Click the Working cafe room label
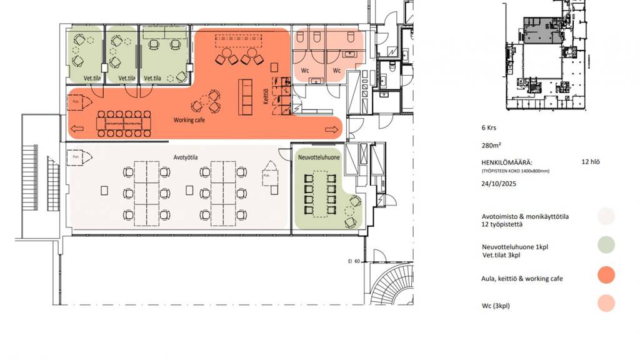click(189, 120)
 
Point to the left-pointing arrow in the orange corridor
click(78, 129)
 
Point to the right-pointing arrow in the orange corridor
click(332, 129)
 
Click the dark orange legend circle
click(606, 274)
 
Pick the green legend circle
click(606, 245)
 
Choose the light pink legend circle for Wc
click(606, 304)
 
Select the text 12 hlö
click(591, 161)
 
